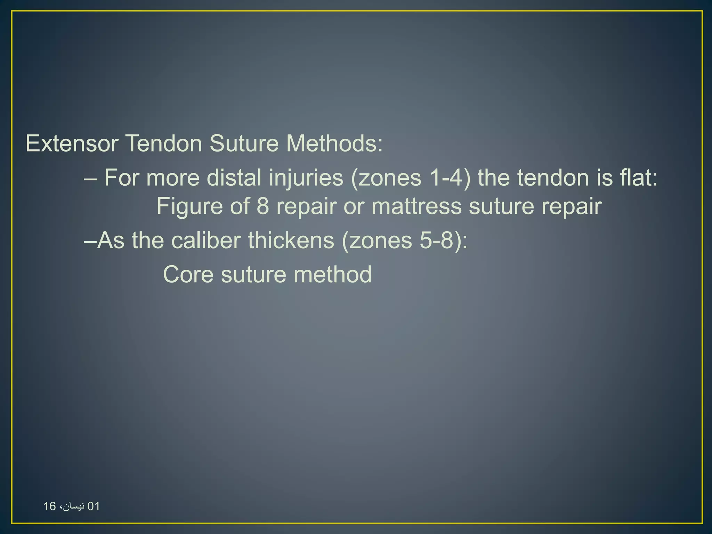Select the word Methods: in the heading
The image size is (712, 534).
334,143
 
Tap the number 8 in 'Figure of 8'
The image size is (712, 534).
263,206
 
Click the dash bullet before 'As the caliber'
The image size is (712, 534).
90,241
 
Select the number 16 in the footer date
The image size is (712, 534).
50,506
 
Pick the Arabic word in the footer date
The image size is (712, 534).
73,506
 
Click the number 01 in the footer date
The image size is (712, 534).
94,506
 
